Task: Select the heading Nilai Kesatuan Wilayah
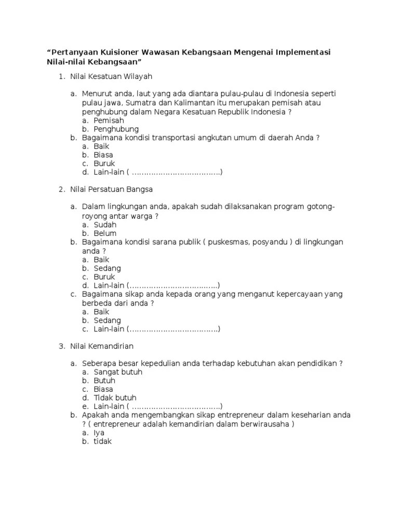(111, 77)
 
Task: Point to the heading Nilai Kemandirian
(102, 345)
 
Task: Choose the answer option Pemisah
(109, 120)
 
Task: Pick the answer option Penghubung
(116, 129)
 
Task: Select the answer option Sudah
(105, 225)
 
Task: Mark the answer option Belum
(105, 234)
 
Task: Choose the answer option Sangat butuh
(118, 372)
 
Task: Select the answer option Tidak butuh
(115, 398)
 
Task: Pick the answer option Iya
(99, 433)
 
